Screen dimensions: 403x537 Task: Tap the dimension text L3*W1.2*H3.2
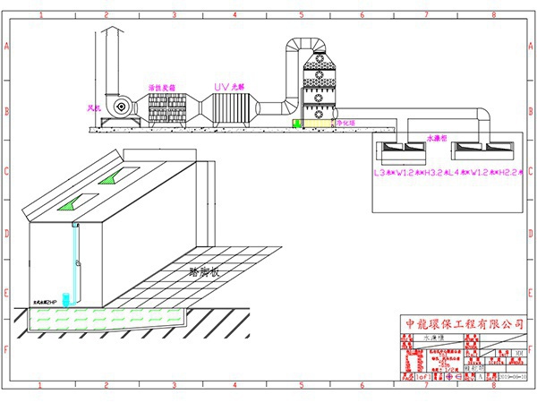coord(409,170)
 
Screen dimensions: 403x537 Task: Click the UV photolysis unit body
coord(232,109)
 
